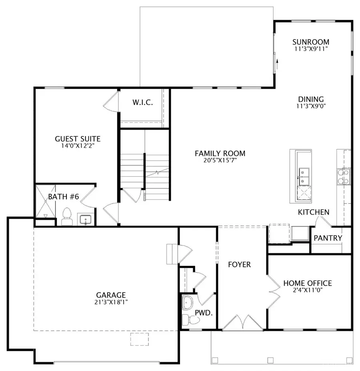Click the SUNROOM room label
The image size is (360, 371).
click(310, 42)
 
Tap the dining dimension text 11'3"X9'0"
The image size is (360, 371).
click(310, 106)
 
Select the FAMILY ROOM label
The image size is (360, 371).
click(220, 153)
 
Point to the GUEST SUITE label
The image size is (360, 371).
click(78, 139)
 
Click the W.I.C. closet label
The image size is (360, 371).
click(142, 102)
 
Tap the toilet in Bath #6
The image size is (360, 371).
click(66, 217)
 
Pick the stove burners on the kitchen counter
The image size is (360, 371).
click(344, 177)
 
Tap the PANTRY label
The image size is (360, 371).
click(328, 238)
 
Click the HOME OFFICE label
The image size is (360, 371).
click(308, 283)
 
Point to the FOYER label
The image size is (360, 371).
click(240, 265)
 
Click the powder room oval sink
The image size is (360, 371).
click(187, 303)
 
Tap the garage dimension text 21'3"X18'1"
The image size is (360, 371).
click(108, 302)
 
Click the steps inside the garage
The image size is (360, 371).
click(172, 254)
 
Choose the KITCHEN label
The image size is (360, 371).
click(314, 212)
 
